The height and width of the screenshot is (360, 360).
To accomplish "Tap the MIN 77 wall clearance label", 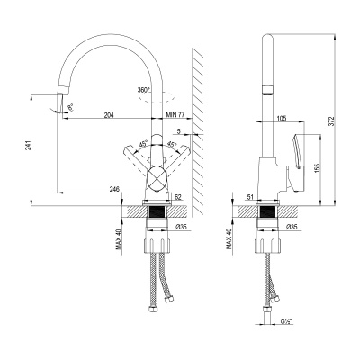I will tap(176, 116).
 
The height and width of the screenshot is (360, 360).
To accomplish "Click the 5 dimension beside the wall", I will tap(179, 132).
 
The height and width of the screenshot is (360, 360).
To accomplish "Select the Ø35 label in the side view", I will tap(291, 227).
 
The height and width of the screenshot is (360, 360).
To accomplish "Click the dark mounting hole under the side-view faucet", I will tap(266, 213).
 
